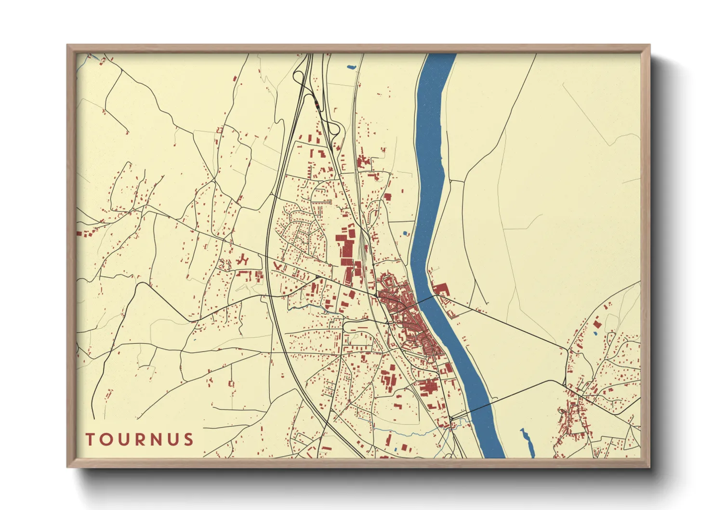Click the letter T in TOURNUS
(x=90, y=440)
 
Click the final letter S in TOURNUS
(x=188, y=440)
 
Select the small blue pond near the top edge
(x=350, y=67)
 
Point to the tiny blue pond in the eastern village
(x=595, y=333)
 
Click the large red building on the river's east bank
(x=441, y=290)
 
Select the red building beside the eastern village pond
(x=598, y=323)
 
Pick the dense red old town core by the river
(x=409, y=318)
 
